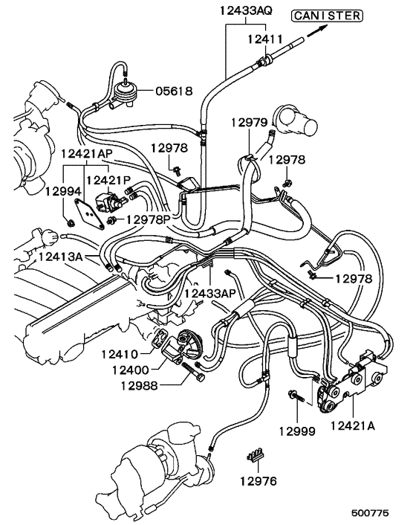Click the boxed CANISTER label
328,14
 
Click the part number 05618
174,91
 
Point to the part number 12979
247,122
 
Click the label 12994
62,191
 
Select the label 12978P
149,219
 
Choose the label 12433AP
210,294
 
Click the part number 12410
121,354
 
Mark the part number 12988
137,384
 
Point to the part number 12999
297,431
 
